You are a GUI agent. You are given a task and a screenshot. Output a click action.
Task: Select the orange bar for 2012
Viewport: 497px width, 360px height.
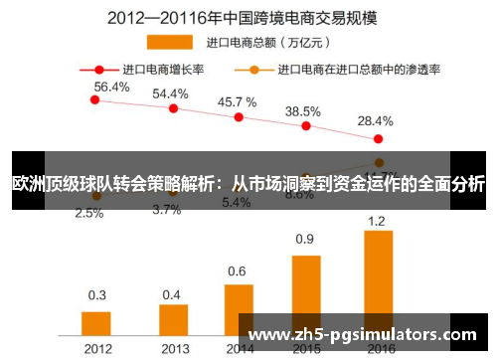(x=96, y=324)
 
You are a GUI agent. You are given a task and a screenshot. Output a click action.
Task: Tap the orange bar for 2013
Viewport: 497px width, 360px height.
(x=173, y=320)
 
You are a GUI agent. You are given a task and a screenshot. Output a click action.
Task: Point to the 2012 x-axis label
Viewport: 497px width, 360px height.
(x=96, y=349)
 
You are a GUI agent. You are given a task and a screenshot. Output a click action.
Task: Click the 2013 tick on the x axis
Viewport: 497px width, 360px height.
(x=173, y=349)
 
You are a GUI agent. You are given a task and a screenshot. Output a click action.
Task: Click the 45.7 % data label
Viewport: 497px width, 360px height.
(x=237, y=101)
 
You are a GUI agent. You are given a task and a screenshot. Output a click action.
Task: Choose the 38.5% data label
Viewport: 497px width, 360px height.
(x=302, y=111)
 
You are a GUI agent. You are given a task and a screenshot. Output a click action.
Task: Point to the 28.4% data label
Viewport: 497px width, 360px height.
(x=376, y=120)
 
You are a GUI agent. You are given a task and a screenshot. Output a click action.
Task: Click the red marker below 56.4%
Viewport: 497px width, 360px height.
(x=95, y=99)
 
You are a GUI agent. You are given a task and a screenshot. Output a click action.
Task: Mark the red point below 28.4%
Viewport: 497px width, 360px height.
(x=378, y=138)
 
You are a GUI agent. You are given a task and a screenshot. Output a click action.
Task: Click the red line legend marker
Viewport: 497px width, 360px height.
(x=99, y=70)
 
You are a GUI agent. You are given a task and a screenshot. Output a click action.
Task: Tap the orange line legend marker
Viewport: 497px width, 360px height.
(x=254, y=70)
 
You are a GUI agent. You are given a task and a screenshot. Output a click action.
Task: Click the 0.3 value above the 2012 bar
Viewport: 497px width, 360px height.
(x=97, y=294)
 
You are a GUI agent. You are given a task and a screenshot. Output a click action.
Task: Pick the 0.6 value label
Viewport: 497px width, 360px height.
(x=237, y=270)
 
